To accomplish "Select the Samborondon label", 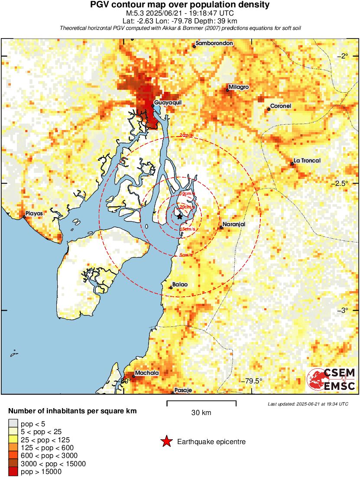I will click(x=214, y=43).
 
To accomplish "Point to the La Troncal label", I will click(x=307, y=161).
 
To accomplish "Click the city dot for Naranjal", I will click(x=221, y=227).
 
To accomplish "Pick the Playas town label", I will click(x=34, y=213).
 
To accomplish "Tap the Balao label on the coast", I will click(x=180, y=285).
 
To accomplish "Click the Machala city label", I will click(x=147, y=373).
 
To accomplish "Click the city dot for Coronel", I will click(x=269, y=109).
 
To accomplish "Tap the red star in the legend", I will click(x=166, y=442).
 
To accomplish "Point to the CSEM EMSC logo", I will click(x=331, y=379).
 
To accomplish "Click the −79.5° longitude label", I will click(x=251, y=381).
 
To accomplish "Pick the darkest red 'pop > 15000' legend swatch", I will click(x=13, y=472).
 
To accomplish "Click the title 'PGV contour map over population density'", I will click(x=179, y=5).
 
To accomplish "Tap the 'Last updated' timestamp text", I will click(x=308, y=404).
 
